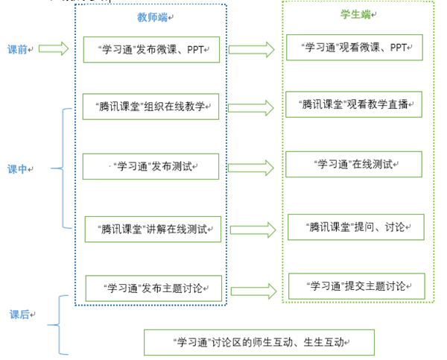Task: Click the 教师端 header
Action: pyautogui.click(x=149, y=16)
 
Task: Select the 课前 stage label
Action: pyautogui.click(x=19, y=49)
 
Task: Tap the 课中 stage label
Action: pyautogui.click(x=19, y=169)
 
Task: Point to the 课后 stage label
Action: pyautogui.click(x=20, y=315)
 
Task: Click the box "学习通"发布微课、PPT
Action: pyautogui.click(x=151, y=49)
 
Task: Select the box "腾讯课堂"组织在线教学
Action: pyautogui.click(x=151, y=107)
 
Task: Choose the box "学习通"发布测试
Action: pyautogui.click(x=151, y=166)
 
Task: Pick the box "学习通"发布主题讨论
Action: pyautogui.click(x=153, y=288)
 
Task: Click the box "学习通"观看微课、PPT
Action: pyautogui.click(x=354, y=47)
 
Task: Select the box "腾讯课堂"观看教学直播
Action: pyautogui.click(x=354, y=104)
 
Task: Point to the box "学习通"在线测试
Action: pyautogui.click(x=354, y=163)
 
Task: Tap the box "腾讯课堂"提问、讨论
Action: pyautogui.click(x=355, y=226)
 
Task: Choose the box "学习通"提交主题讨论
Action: pyautogui.click(x=355, y=285)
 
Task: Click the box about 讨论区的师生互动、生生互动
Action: pyautogui.click(x=259, y=343)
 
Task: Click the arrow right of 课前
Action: pyautogui.click(x=54, y=49)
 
